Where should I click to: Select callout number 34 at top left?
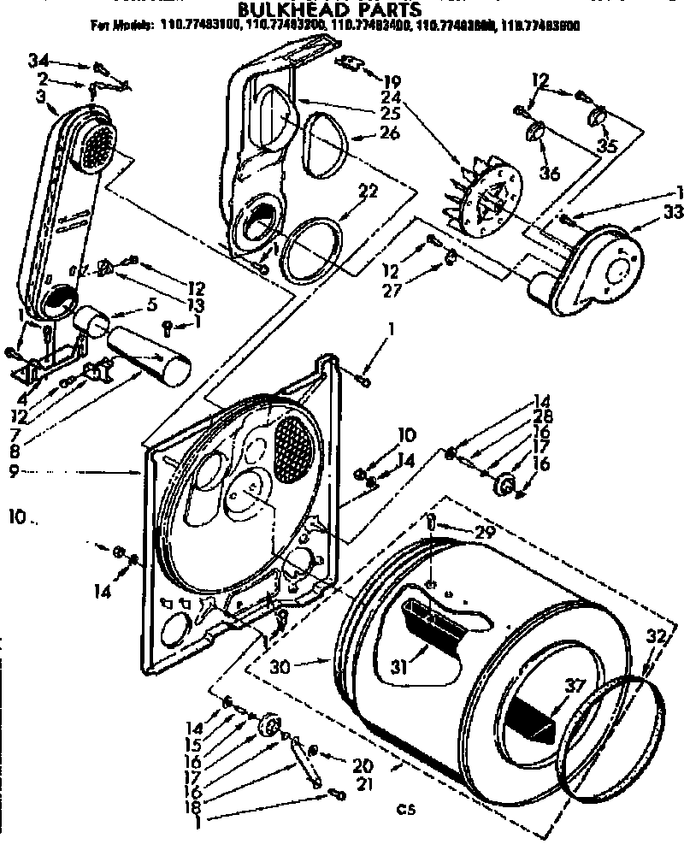point(37,61)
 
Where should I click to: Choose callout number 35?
point(607,146)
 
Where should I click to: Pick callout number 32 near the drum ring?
point(655,635)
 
